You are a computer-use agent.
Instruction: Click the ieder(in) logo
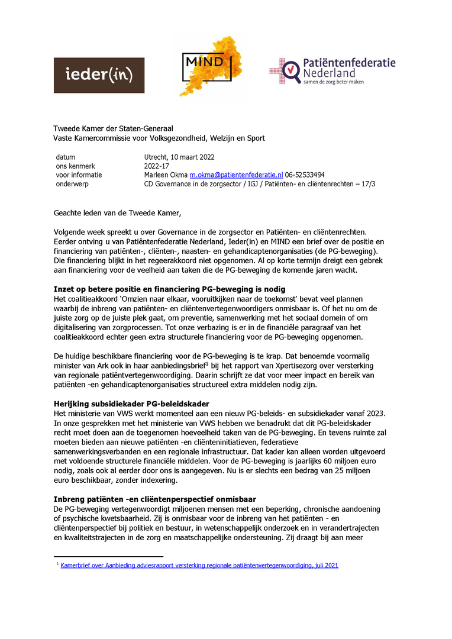coord(99,75)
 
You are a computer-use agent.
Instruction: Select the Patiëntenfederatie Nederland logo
coord(332,71)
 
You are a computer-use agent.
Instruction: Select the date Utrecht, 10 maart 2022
coord(179,157)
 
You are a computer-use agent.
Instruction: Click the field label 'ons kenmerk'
coord(75,166)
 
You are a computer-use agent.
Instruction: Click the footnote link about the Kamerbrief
coord(199,566)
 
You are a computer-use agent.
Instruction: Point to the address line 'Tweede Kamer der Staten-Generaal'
coord(114,128)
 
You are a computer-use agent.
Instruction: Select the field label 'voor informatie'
coord(79,175)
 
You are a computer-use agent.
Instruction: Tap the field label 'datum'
coord(66,157)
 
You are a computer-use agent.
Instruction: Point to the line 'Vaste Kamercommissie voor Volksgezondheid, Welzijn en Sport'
coord(159,138)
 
